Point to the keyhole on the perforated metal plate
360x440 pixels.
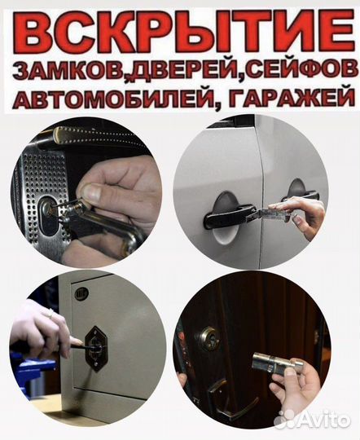point(50,218)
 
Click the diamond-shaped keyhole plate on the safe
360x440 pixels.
point(99,350)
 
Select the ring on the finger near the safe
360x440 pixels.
point(50,313)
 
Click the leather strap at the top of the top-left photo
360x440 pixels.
point(90,134)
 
